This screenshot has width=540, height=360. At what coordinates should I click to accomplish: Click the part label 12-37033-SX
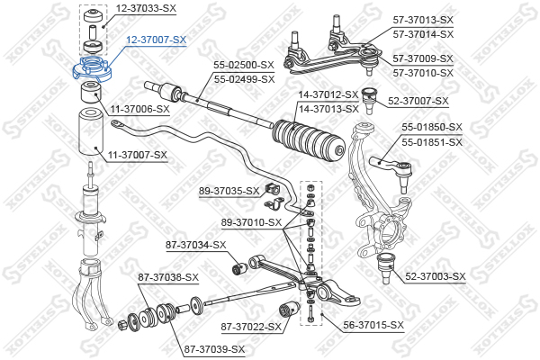click(x=145, y=8)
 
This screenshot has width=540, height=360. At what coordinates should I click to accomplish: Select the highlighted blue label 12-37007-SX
click(x=156, y=40)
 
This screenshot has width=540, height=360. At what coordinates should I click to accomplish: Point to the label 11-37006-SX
click(x=139, y=109)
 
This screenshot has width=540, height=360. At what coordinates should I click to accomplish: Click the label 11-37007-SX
click(x=138, y=155)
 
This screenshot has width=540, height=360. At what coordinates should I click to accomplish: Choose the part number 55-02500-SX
click(x=243, y=66)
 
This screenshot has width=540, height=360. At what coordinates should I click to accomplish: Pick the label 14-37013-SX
click(x=328, y=108)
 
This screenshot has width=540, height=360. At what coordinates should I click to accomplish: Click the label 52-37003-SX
click(x=436, y=276)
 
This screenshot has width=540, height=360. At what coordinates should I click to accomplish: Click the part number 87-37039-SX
click(x=214, y=349)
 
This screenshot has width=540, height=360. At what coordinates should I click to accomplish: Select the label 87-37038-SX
click(x=167, y=277)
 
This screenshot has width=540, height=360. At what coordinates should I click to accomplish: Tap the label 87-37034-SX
click(x=195, y=245)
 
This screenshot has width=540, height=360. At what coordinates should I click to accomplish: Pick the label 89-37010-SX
click(x=252, y=222)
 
